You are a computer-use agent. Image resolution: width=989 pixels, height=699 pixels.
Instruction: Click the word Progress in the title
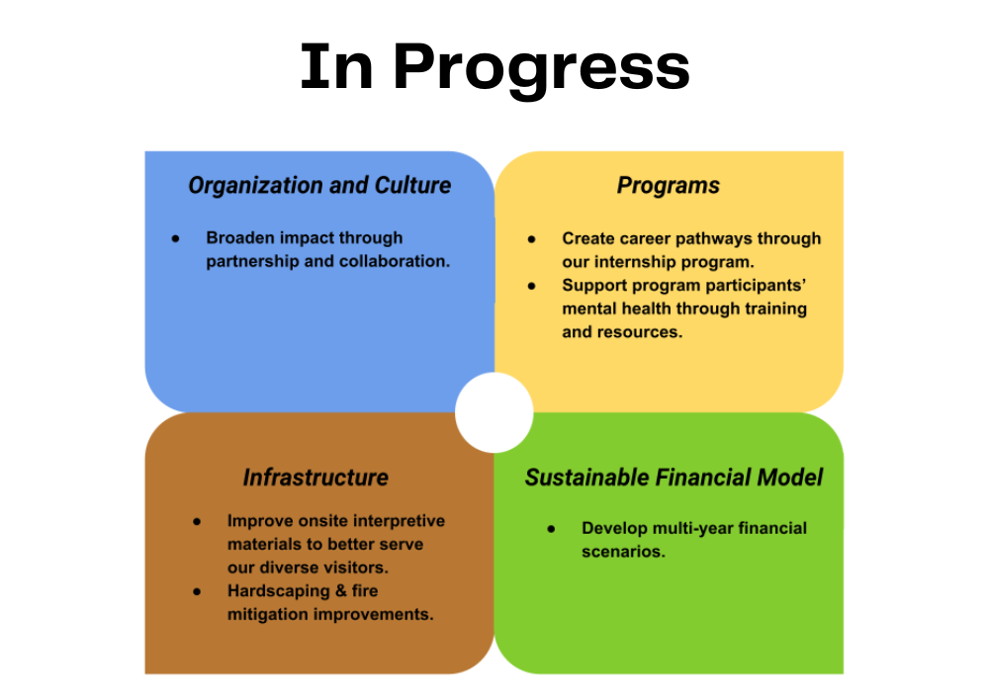tap(542, 68)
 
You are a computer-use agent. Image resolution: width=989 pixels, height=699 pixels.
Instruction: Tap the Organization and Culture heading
tap(319, 185)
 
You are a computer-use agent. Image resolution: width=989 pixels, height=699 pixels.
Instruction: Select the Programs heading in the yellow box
tap(668, 186)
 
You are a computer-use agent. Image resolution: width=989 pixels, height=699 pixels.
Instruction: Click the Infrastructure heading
tap(315, 478)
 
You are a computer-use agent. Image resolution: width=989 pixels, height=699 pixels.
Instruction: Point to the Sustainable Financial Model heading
tap(674, 478)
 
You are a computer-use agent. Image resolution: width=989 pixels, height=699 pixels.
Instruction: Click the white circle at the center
tap(494, 412)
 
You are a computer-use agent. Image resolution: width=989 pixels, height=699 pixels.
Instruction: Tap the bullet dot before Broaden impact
tap(175, 238)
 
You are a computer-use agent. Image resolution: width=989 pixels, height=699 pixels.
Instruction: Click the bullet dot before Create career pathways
tap(532, 239)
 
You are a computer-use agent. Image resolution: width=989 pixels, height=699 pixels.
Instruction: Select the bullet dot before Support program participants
tap(532, 286)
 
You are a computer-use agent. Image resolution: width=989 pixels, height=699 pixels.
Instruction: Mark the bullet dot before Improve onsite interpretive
tap(197, 521)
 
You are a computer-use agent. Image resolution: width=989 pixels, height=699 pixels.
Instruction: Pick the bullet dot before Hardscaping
tap(197, 591)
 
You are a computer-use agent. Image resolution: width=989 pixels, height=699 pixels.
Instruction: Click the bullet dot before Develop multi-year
tap(551, 529)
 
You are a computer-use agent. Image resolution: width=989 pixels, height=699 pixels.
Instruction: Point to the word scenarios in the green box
tap(623, 552)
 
